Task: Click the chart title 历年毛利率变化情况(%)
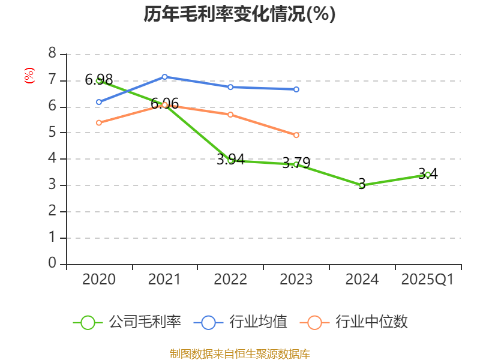tap(239, 14)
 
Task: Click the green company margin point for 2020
tap(99, 80)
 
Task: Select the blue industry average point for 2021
tap(164, 77)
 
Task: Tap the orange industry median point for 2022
tap(230, 115)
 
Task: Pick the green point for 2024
tap(362, 185)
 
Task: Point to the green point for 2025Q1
tap(428, 175)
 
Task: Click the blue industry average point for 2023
tap(296, 89)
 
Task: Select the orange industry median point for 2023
tap(296, 136)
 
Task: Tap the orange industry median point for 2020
tap(99, 123)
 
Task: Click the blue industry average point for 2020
tap(99, 102)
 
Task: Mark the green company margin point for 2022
tap(230, 160)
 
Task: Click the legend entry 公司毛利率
tap(127, 322)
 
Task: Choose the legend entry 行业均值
tap(241, 322)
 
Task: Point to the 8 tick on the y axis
tap(52, 54)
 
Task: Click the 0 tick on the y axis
tap(52, 263)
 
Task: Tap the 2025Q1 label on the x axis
tap(428, 280)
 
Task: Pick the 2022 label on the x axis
tap(230, 280)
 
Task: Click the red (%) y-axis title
tap(29, 76)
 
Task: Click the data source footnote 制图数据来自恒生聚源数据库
tap(239, 353)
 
